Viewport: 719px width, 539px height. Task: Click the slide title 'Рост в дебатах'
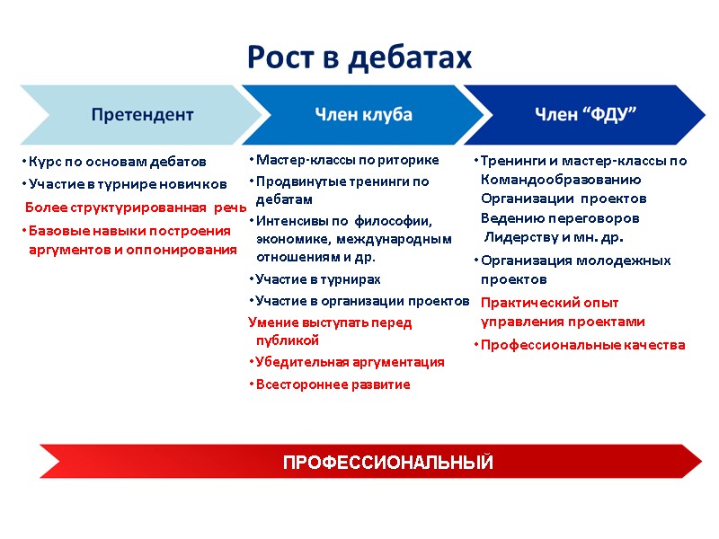pos(359,57)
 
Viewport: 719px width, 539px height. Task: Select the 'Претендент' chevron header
pos(141,115)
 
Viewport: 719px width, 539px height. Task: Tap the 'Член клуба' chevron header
pos(363,115)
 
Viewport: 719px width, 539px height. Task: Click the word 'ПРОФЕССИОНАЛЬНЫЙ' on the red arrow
pos(387,463)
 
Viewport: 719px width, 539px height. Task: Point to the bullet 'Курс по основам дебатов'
pos(117,162)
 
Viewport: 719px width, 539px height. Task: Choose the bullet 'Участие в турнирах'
pos(311,278)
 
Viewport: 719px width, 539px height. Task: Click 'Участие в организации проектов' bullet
pos(362,300)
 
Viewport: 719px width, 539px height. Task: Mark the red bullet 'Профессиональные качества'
pos(582,345)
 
